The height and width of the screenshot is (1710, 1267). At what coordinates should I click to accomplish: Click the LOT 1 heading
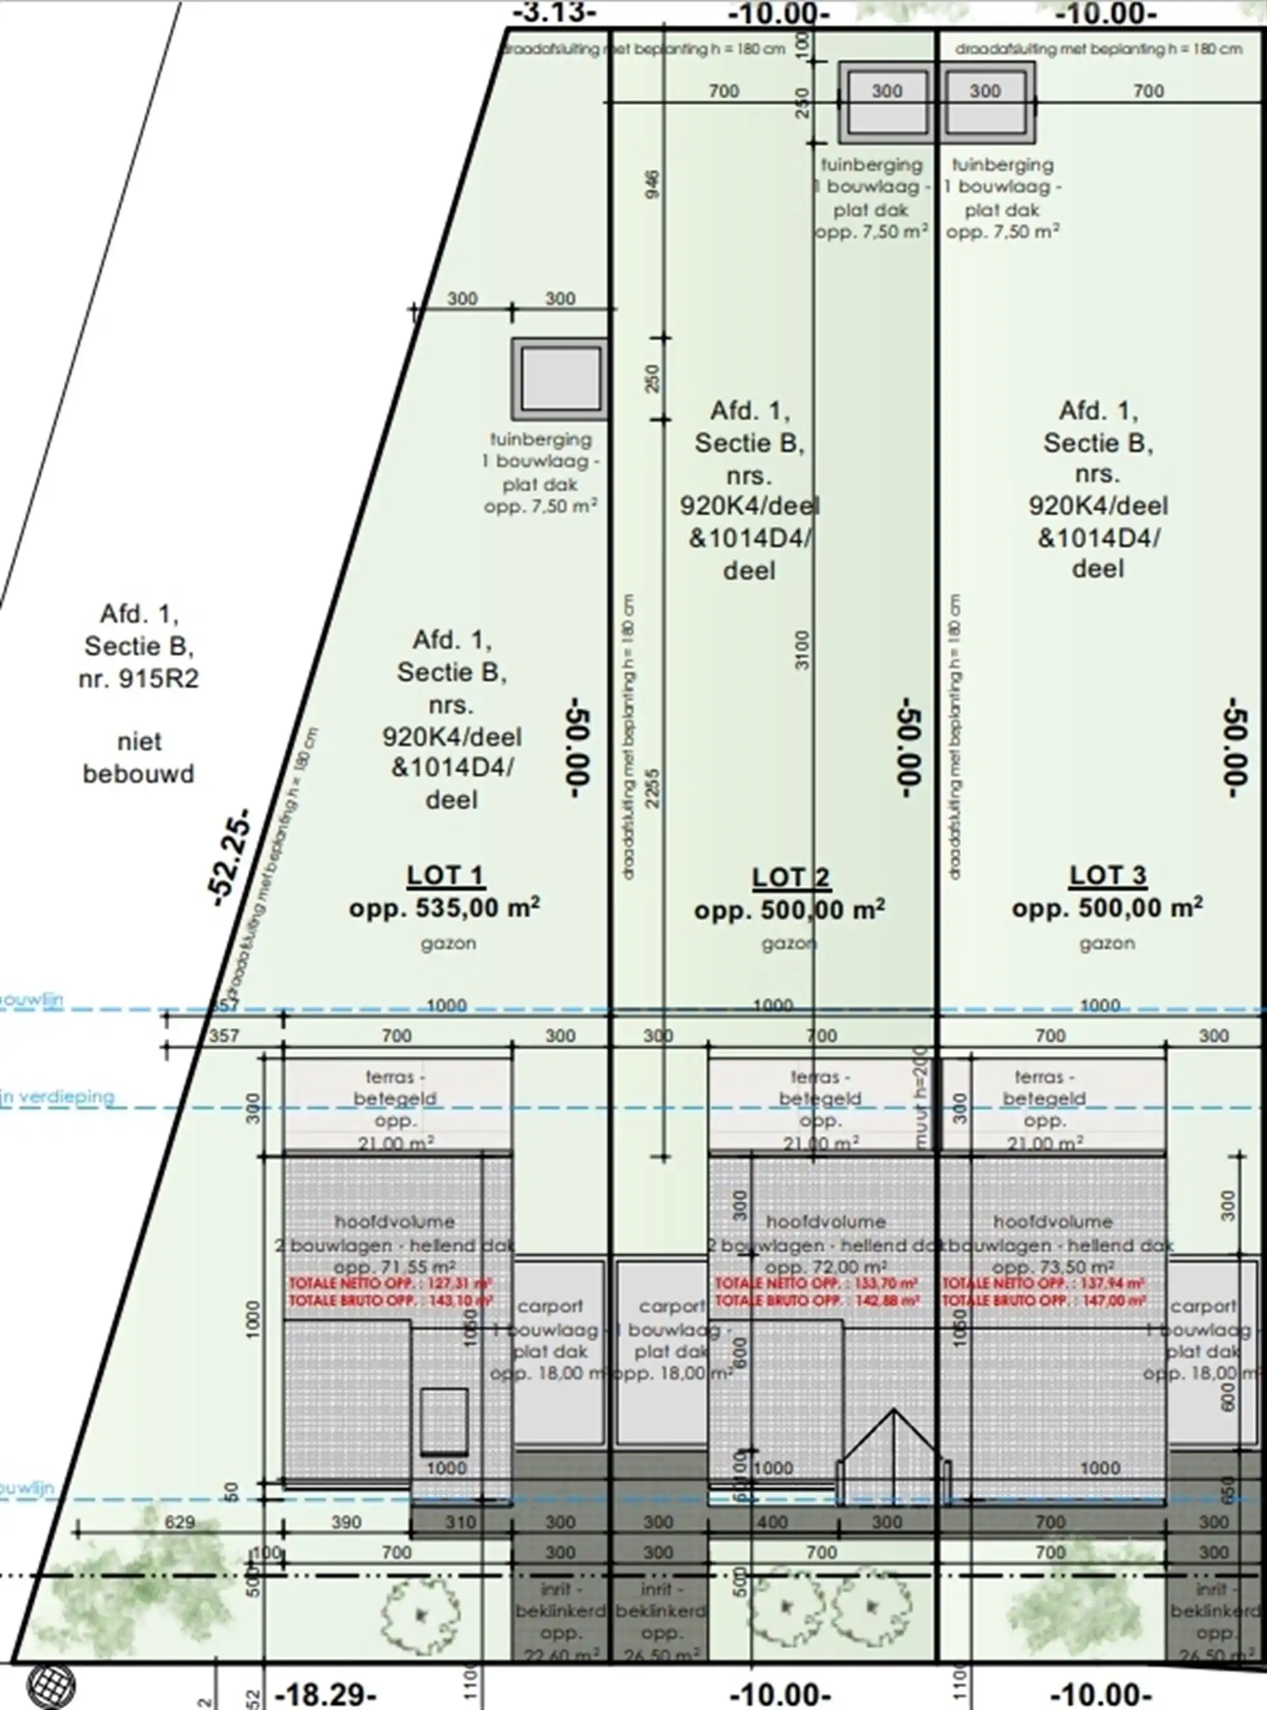444,875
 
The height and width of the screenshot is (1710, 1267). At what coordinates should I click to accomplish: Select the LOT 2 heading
790,876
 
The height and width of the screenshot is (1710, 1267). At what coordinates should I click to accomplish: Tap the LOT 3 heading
1107,875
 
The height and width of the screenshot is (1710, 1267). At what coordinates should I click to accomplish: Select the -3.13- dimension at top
553,13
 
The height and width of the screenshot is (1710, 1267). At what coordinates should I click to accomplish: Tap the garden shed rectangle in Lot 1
560,379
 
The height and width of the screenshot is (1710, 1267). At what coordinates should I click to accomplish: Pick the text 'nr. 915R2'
139,679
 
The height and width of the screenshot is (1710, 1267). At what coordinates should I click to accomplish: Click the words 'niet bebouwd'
139,758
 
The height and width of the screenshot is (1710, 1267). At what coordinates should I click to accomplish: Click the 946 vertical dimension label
652,184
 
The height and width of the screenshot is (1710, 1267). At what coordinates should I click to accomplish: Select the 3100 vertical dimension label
802,650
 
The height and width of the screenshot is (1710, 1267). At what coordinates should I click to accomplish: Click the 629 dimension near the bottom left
179,1521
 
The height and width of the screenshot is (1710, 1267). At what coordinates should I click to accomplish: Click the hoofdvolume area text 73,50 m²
1055,1266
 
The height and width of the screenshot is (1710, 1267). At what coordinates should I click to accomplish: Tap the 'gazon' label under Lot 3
1107,944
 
